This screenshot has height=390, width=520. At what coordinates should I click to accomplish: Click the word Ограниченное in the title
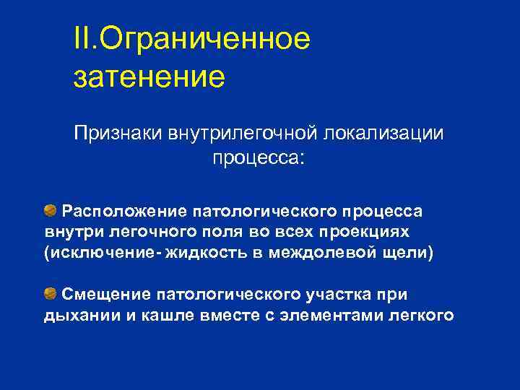click(204, 39)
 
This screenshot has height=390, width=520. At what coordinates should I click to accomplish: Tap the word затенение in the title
click(149, 75)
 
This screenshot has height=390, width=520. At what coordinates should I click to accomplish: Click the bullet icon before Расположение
click(50, 211)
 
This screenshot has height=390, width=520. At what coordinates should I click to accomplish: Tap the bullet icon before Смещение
click(50, 292)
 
